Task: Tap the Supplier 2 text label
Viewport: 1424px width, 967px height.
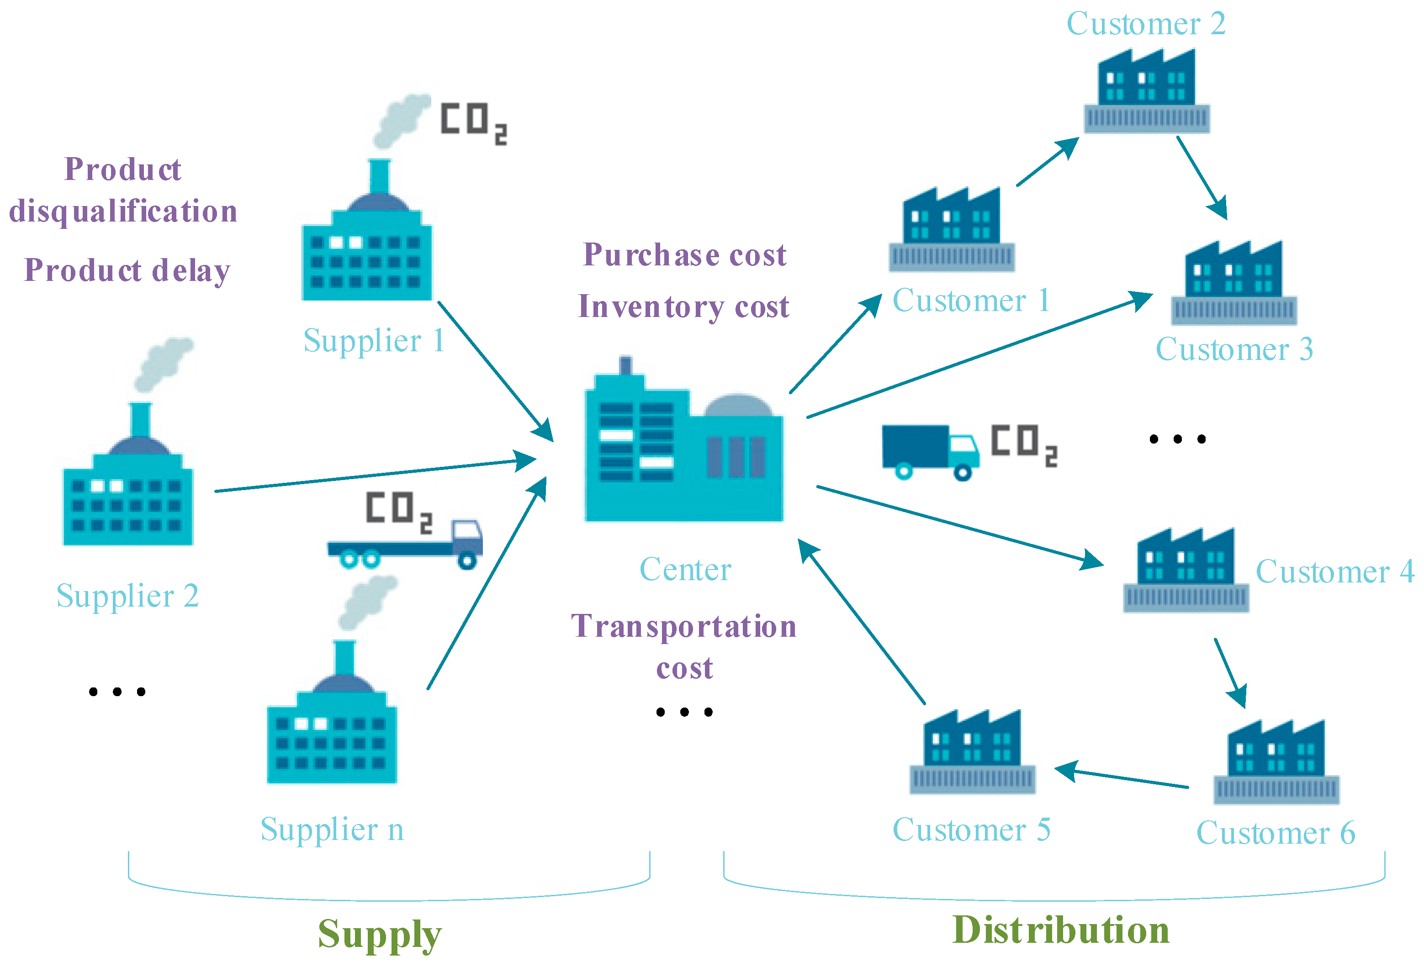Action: click(x=127, y=596)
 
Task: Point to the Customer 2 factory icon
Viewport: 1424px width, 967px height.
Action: click(x=1146, y=92)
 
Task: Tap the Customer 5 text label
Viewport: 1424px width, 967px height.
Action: click(x=971, y=830)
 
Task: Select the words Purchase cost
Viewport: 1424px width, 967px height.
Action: click(x=684, y=254)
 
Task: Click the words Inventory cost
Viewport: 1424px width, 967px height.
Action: click(x=683, y=306)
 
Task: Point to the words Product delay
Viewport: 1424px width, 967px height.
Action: click(x=127, y=270)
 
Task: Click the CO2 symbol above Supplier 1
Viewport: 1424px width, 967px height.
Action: click(x=473, y=122)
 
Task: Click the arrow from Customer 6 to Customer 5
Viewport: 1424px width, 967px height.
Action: click(x=1121, y=777)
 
